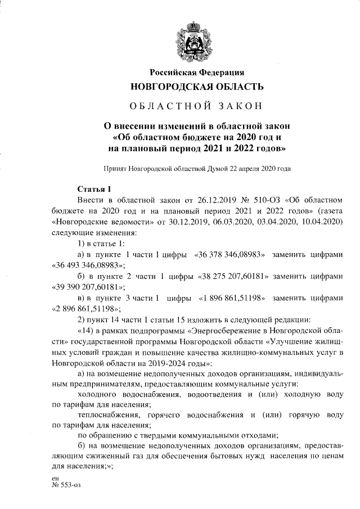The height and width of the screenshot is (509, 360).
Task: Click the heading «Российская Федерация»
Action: [x=196, y=73]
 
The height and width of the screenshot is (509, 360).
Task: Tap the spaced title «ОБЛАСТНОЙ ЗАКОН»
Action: [x=196, y=106]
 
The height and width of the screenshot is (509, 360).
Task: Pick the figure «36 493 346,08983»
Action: [x=90, y=265]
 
